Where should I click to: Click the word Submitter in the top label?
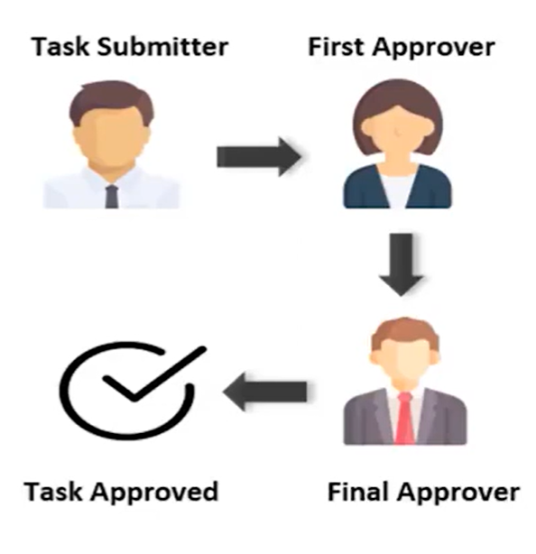163,47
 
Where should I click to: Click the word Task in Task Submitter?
60,47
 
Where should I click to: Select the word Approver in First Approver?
433,49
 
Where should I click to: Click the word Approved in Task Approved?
154,493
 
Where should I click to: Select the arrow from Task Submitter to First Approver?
259,157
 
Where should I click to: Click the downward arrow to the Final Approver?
401,264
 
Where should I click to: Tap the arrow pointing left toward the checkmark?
264,392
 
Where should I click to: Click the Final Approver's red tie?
404,419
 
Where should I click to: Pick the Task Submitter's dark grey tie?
112,197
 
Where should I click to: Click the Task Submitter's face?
111,138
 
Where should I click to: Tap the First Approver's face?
397,132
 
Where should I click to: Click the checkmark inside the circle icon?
154,374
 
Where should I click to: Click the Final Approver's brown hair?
404,331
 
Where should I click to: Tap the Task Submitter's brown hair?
112,99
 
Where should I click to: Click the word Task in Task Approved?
53,492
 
